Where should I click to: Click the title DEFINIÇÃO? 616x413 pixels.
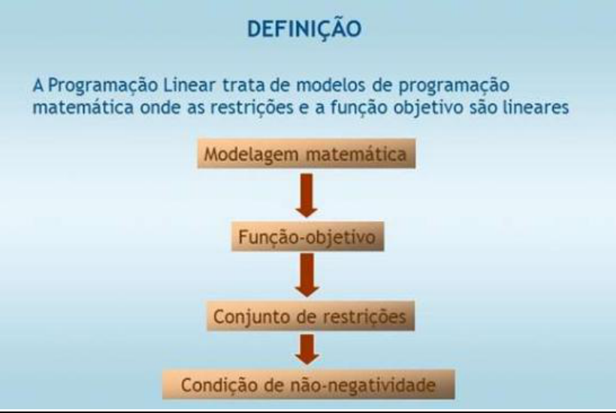308,29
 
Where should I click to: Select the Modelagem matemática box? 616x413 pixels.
308,156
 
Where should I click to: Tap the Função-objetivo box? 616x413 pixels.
308,238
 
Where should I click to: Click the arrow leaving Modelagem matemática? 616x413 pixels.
308,196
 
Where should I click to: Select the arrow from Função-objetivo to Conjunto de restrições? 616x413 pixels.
308,276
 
